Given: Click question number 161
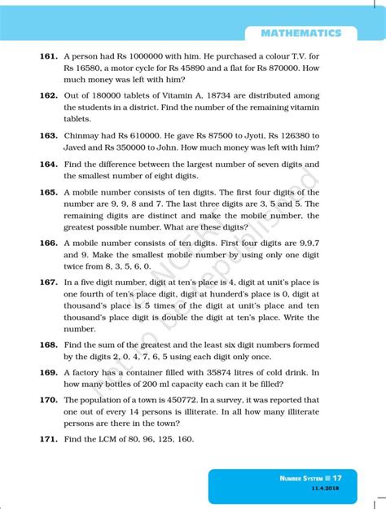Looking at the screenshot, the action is pyautogui.click(x=48, y=57).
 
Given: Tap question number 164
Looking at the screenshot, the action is pyautogui.click(x=48, y=164).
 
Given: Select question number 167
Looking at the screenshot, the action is pyautogui.click(x=48, y=282).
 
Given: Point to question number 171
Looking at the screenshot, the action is pyautogui.click(x=48, y=439).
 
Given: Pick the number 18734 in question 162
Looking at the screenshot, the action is pyautogui.click(x=229, y=94).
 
